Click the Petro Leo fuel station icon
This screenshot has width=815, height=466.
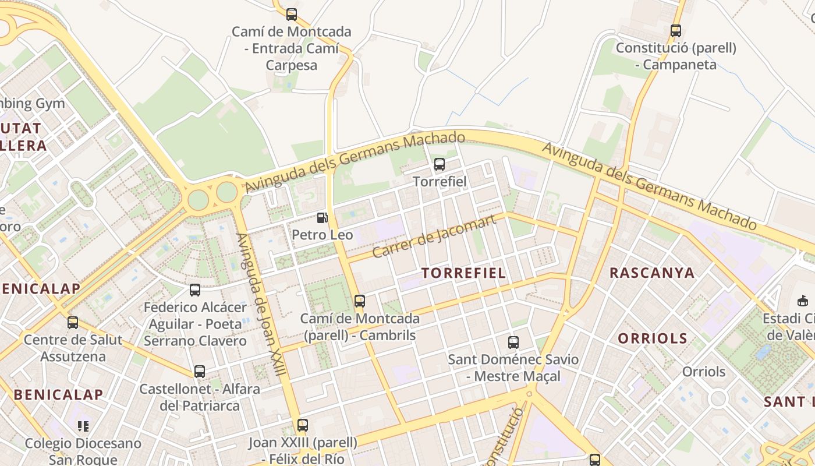[x=322, y=218]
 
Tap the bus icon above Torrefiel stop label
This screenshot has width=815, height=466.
[x=440, y=164]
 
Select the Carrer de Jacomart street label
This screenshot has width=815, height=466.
[x=434, y=236]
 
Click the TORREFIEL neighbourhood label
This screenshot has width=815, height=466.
[x=463, y=273]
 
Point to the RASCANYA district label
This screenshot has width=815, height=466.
[x=652, y=273]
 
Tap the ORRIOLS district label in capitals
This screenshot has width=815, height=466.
[x=653, y=338]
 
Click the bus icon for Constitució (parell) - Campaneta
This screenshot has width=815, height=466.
[x=675, y=30]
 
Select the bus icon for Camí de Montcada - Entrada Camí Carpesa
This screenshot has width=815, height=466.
[x=292, y=14]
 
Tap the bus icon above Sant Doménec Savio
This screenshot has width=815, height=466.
[x=513, y=342]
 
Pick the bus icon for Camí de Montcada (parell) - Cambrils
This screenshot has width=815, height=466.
[x=360, y=301]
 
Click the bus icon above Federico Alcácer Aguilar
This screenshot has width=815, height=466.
[x=195, y=290]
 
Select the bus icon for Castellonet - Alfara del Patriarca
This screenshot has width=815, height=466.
[x=200, y=371]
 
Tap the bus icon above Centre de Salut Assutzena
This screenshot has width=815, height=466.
[x=73, y=322]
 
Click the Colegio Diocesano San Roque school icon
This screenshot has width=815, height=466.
[x=83, y=426]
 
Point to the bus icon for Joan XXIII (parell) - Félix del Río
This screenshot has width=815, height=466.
[x=302, y=425]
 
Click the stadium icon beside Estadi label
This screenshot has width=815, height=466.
[x=802, y=301]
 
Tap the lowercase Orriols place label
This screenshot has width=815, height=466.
[x=704, y=372]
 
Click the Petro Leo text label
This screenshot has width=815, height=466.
[x=322, y=235]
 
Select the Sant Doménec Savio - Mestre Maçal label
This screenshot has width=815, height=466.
[x=513, y=368]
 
